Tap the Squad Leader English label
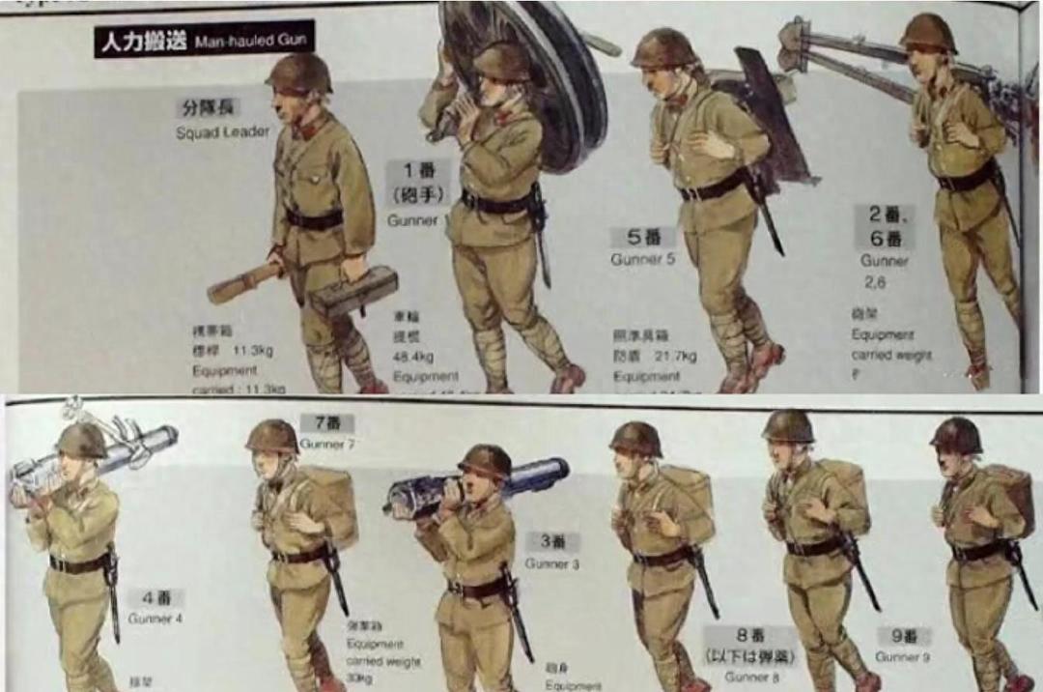(x=210, y=132)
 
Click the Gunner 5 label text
(x=642, y=259)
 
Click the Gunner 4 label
(x=155, y=619)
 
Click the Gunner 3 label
(x=552, y=563)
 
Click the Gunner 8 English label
(x=749, y=676)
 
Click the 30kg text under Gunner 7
(x=359, y=677)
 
